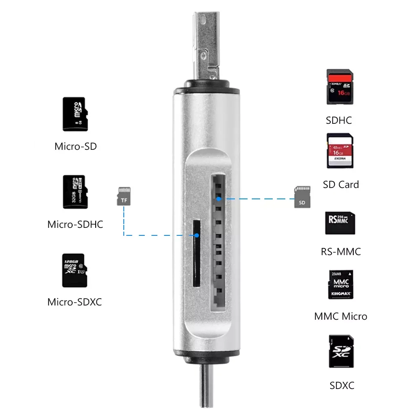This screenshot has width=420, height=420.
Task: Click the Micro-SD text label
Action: pos(76,146)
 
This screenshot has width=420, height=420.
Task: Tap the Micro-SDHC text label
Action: pos(75,224)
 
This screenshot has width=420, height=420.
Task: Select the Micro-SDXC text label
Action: pos(75,302)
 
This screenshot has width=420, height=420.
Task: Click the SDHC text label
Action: pos(339,120)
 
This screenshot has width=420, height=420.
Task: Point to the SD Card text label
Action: pos(341,185)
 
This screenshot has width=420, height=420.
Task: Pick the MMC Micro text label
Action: pos(341,316)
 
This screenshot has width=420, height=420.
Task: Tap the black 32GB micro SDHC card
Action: pos(74,192)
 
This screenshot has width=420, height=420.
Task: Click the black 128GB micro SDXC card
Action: pos(74,270)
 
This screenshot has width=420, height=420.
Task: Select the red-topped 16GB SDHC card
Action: pos(339,87)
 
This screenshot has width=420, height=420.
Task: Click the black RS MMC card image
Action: pos(339,223)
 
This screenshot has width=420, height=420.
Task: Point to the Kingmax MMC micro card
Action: pos(340,284)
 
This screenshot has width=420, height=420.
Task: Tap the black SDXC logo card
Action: pos(340,351)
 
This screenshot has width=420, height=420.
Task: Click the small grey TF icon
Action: pos(123,196)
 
